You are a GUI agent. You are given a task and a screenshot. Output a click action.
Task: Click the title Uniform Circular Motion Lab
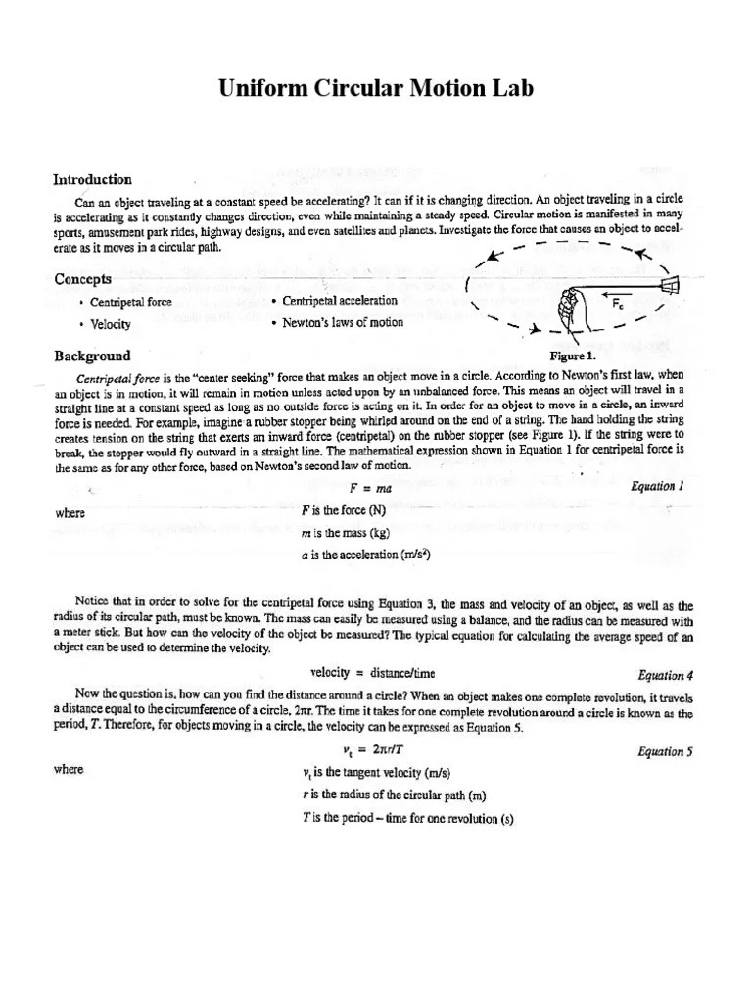click(376, 89)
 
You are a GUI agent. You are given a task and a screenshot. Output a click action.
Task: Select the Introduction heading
click(92, 179)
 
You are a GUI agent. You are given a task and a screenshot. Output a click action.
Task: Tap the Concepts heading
click(82, 279)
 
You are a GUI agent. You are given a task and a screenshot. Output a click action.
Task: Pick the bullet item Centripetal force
click(131, 302)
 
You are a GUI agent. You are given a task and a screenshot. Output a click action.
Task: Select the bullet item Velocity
click(111, 324)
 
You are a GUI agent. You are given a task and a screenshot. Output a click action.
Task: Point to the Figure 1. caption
click(573, 356)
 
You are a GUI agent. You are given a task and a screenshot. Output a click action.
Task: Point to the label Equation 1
click(657, 486)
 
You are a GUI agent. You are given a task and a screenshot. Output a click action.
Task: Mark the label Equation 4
click(665, 675)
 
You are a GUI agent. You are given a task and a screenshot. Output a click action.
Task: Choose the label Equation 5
click(665, 751)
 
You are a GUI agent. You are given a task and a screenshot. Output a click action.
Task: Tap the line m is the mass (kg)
click(354, 533)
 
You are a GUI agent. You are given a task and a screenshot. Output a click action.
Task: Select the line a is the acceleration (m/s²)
click(367, 554)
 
